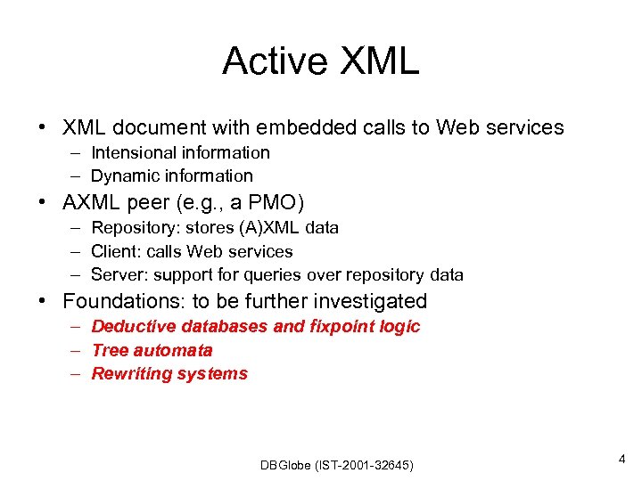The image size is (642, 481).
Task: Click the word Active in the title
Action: click(x=276, y=61)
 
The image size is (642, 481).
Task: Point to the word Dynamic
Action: click(x=127, y=175)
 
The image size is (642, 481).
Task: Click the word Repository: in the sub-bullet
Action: click(x=134, y=227)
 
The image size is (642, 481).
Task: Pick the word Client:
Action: click(x=117, y=251)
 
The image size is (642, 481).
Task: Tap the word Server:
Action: click(x=119, y=274)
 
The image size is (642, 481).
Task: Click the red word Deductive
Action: click(x=134, y=326)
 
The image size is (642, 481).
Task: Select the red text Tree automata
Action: click(x=152, y=350)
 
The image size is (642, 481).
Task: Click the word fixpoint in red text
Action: click(x=342, y=326)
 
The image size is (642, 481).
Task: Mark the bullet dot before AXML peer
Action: click(x=43, y=201)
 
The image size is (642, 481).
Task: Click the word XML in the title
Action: click(x=378, y=61)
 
